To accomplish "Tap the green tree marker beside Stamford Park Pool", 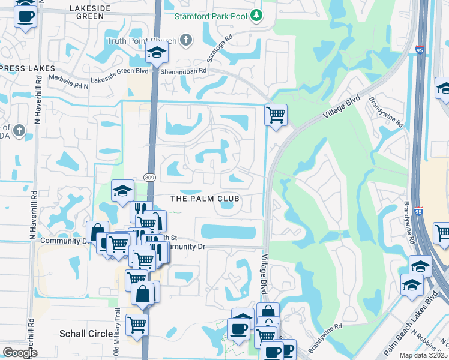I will (256, 15).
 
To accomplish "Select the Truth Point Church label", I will (142, 41).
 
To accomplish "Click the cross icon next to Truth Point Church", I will (186, 40).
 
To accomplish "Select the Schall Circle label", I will (85, 333).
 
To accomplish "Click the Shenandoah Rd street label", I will (188, 70).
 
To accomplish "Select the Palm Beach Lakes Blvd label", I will (411, 326).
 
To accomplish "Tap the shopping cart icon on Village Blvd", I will (276, 114).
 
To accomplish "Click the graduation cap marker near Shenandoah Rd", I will (157, 53).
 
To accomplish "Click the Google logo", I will (20, 353).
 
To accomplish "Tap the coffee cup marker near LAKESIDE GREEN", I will (25, 16).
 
